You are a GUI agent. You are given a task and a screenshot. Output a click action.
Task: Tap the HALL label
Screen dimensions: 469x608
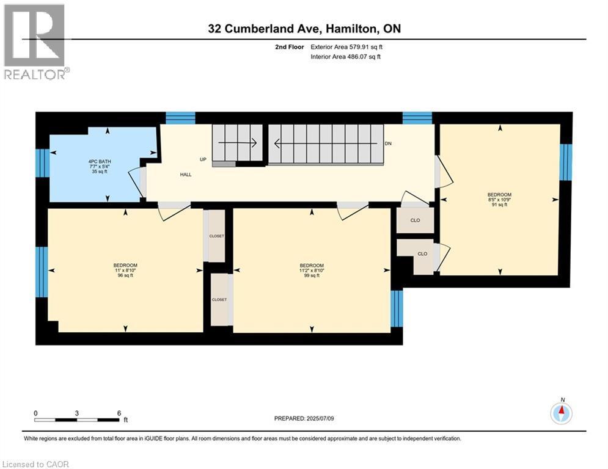coord(186,175)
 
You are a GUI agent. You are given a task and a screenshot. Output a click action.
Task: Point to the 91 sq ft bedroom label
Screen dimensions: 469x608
coord(500,200)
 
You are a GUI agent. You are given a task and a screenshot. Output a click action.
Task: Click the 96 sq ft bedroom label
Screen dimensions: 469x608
coord(125,270)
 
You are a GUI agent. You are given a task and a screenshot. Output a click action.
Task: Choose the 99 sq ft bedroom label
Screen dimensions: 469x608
coord(312,270)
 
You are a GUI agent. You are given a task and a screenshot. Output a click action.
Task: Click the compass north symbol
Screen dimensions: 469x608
coord(561,413)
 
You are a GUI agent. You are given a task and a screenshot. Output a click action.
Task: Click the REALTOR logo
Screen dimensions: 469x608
coord(35,42)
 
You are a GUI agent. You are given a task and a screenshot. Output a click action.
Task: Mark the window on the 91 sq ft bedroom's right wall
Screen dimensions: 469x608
coord(566,162)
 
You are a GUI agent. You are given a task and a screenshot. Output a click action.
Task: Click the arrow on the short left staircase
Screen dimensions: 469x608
coord(237,144)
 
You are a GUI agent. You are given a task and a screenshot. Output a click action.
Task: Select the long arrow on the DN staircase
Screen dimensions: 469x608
coord(324,144)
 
